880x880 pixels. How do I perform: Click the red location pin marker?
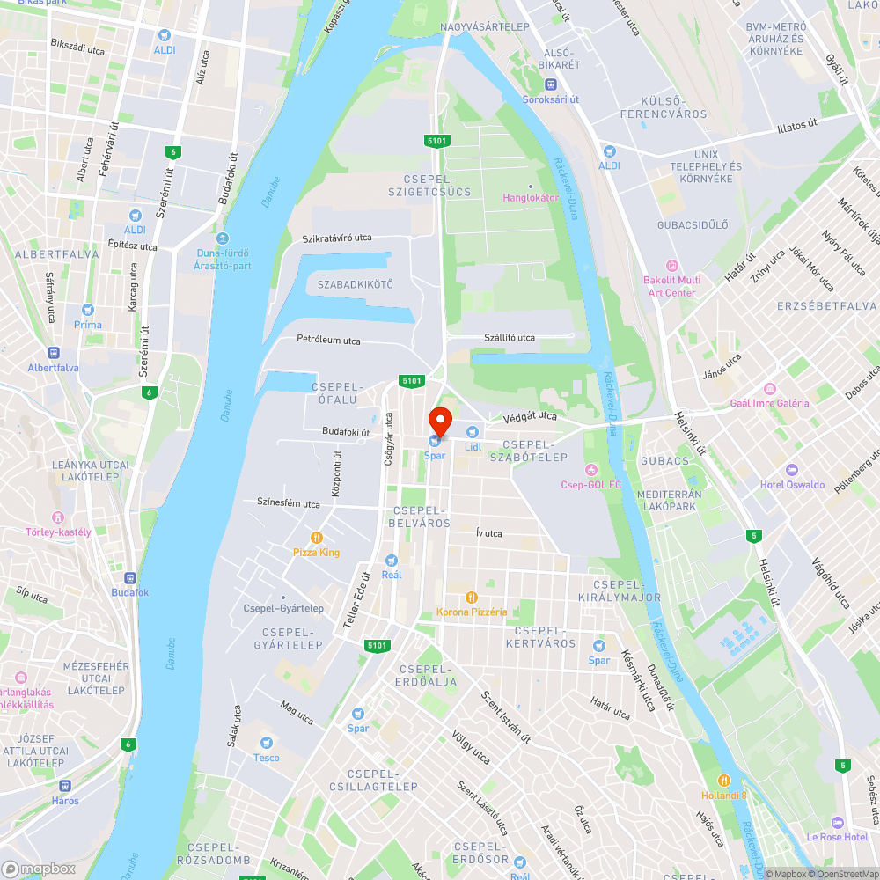tap(439, 422)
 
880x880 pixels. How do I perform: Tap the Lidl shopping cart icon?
tap(473, 432)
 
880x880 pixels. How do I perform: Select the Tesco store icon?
tap(266, 743)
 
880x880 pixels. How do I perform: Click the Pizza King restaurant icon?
tap(316, 538)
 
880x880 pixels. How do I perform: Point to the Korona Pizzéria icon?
tap(472, 597)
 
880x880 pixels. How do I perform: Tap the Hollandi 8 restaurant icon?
tap(724, 780)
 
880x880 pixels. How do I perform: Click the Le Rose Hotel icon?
tap(837, 822)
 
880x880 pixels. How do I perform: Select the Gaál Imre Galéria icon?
tap(769, 388)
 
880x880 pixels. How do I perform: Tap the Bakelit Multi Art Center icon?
tap(673, 265)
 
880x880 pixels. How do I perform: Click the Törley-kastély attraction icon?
tap(58, 517)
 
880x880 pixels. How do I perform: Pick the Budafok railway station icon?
tap(130, 578)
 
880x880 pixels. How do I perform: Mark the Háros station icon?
tap(64, 786)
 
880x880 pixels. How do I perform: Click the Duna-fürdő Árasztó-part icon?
tap(222, 238)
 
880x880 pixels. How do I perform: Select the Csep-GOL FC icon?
tap(590, 470)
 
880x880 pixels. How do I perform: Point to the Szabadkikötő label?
tap(356, 284)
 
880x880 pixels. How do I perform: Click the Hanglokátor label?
tap(531, 197)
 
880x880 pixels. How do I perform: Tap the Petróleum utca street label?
tap(328, 341)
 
